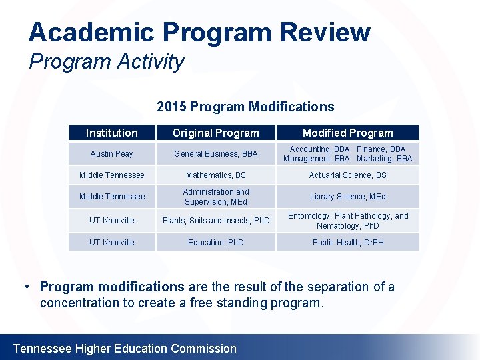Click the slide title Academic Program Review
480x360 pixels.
point(199,32)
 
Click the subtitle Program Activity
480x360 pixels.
point(107,62)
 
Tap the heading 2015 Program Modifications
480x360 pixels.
point(245,107)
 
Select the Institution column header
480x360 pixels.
point(112,133)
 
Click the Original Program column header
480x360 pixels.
point(216,133)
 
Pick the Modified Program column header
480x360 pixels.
point(348,133)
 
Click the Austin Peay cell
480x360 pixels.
point(112,154)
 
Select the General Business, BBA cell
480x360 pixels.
point(216,154)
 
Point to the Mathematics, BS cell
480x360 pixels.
point(216,175)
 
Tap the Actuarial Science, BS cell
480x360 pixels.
point(348,175)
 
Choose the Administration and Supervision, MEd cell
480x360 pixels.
point(216,197)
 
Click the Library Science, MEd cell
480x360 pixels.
point(348,197)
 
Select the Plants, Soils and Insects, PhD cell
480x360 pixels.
point(216,221)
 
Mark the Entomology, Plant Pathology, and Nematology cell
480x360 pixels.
point(348,221)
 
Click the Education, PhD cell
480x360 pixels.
point(216,243)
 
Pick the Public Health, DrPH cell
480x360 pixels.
point(348,243)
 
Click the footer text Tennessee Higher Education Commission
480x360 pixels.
point(125,349)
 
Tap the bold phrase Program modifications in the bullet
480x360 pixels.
point(112,287)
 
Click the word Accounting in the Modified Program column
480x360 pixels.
point(310,149)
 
